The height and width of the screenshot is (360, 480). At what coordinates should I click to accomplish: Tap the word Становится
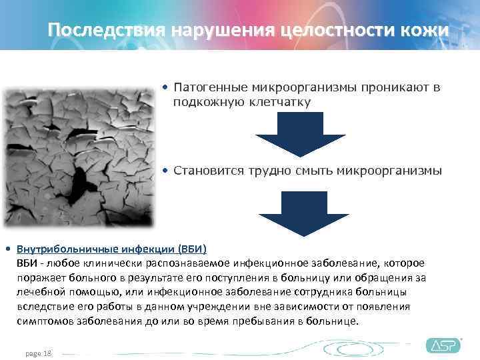[209, 171]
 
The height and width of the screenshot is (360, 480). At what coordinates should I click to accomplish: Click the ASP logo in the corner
[443, 345]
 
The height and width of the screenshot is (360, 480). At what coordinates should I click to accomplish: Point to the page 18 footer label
[38, 353]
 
